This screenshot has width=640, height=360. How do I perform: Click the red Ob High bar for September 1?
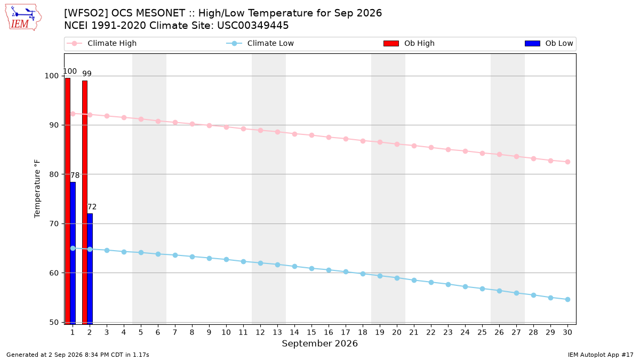68,201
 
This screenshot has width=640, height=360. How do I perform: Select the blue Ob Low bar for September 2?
90,269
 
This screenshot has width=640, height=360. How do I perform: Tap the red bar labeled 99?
85,203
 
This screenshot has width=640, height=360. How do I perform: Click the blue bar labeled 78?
73,253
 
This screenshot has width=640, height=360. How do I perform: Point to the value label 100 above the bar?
70,71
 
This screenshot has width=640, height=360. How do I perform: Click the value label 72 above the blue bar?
92,206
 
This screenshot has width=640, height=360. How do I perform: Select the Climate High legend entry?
102,43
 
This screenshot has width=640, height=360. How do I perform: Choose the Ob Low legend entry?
549,43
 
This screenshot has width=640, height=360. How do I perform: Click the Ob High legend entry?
409,43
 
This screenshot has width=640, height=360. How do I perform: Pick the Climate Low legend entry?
260,43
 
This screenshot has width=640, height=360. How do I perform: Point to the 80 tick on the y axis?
54,174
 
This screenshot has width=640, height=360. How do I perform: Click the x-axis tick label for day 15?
311,332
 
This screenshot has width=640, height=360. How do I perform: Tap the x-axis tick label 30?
567,332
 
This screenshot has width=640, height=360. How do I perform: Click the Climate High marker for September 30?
567,162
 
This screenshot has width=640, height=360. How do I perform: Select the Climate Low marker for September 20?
397,278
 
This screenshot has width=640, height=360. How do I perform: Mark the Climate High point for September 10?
226,127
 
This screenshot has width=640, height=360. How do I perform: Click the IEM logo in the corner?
23,18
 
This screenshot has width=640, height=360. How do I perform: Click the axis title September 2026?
319,343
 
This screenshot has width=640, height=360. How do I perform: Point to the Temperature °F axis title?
37,189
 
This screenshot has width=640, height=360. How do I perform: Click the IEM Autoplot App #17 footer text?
601,355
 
